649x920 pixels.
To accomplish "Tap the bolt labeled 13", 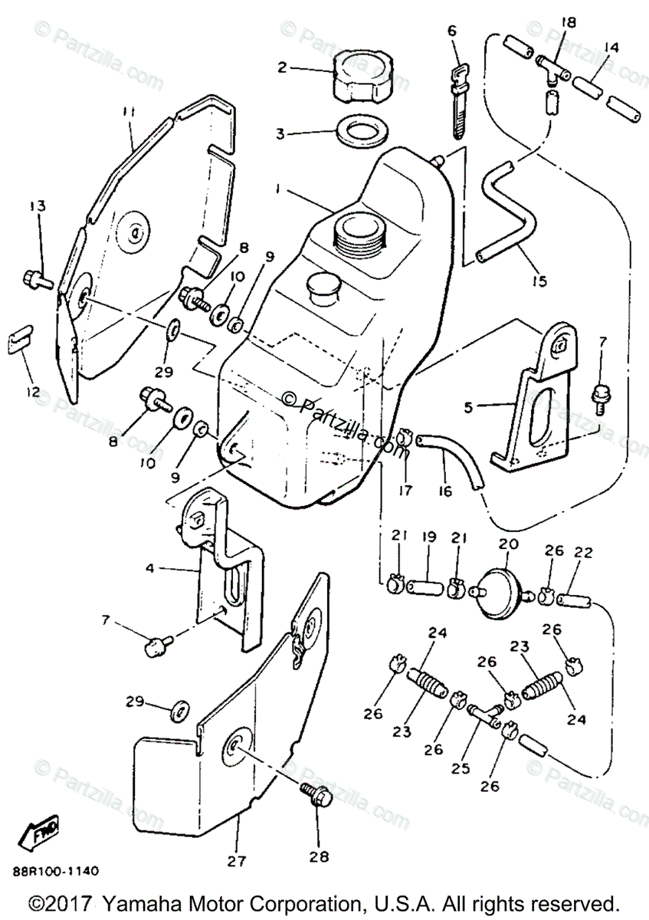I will click(38, 278).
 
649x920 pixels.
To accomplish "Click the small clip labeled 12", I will click(21, 337).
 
